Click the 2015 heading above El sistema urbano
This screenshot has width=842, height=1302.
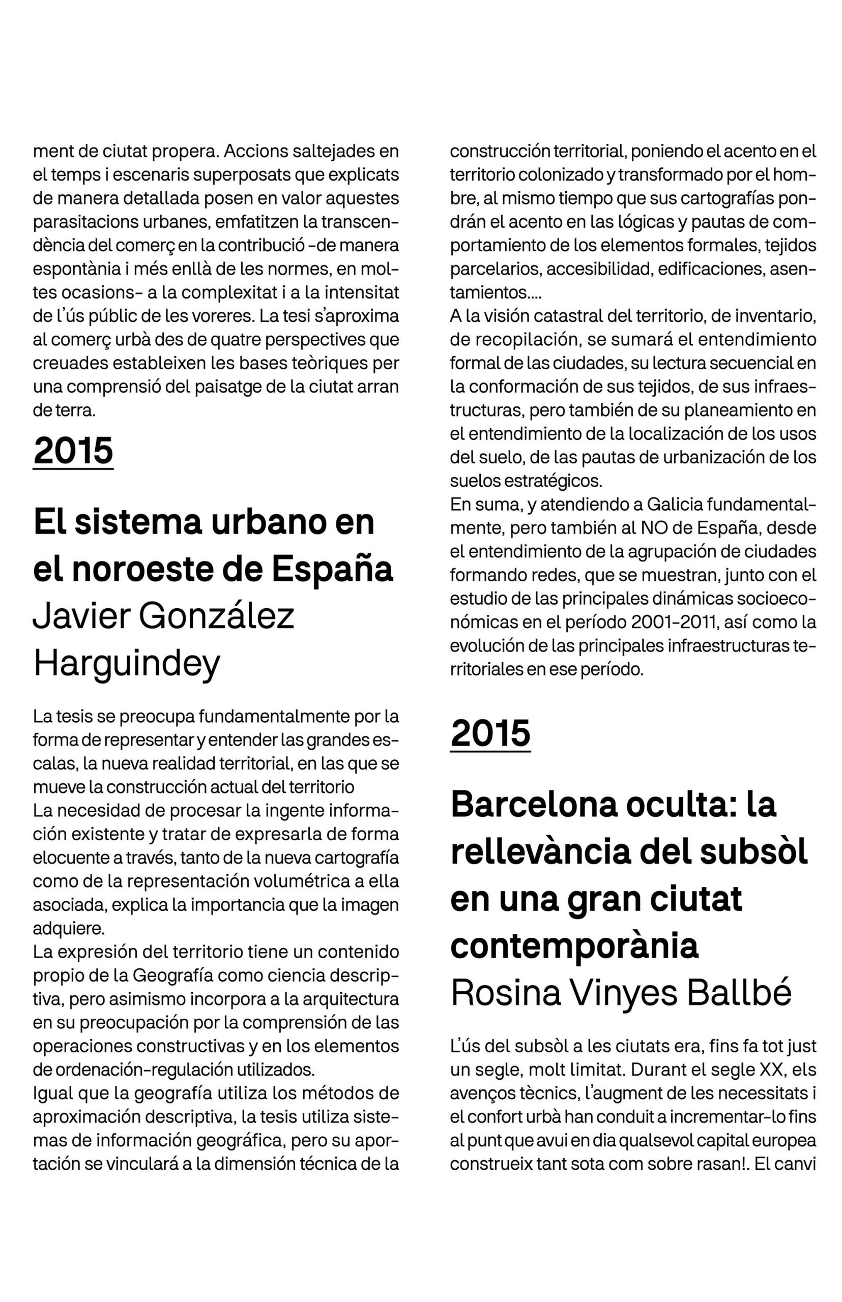click(x=73, y=451)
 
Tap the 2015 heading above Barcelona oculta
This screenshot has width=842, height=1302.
click(x=490, y=733)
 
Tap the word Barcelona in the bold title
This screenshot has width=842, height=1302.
click(x=534, y=805)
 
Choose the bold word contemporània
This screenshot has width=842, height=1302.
click(x=574, y=945)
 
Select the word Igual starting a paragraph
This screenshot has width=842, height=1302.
click(x=52, y=1093)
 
